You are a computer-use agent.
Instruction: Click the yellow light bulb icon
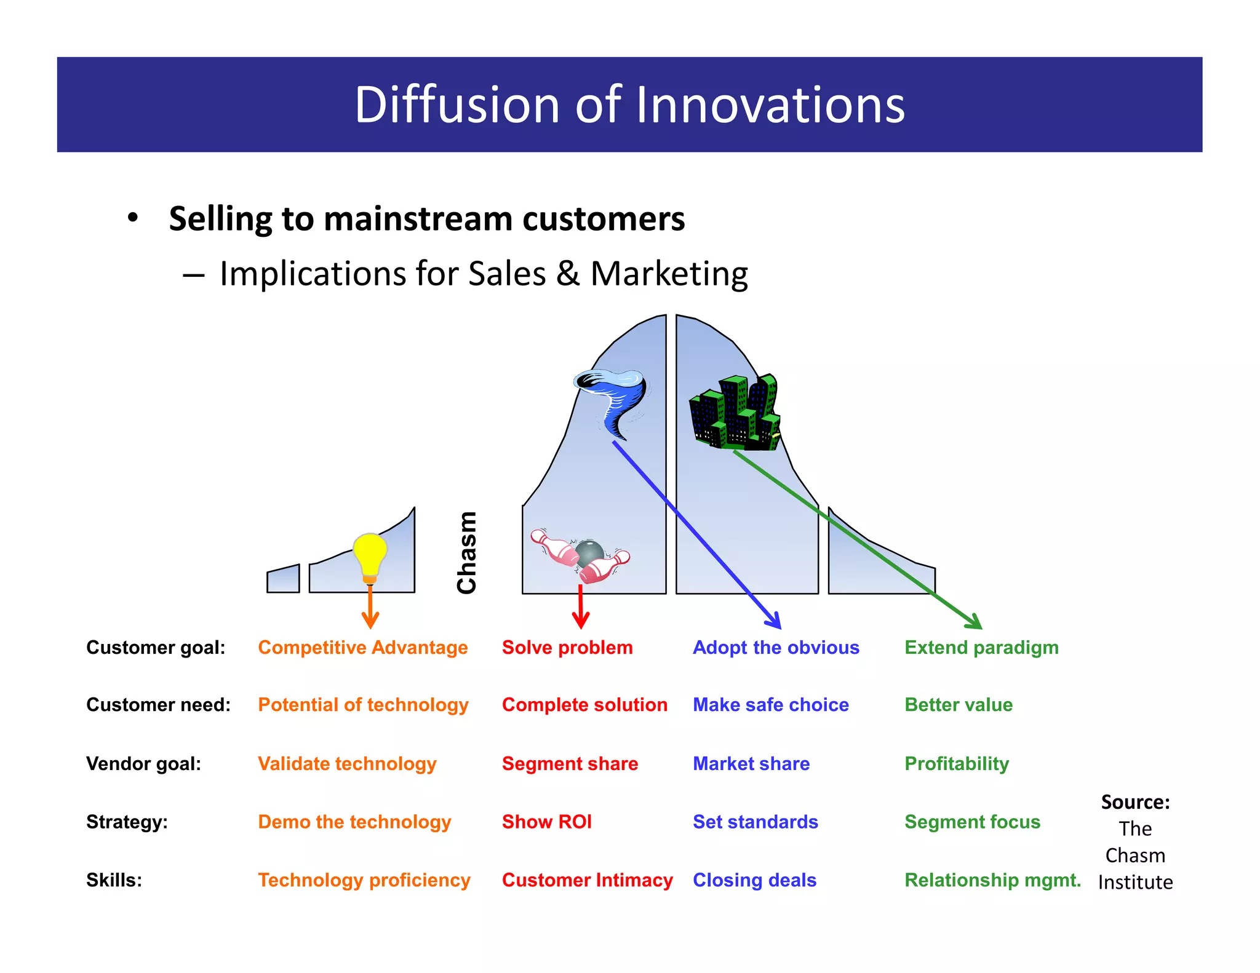(370, 555)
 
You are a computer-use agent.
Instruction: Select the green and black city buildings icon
(735, 413)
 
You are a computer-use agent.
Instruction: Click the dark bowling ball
(589, 552)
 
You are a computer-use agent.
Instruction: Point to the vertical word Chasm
(467, 553)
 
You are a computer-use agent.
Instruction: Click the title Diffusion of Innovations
(629, 105)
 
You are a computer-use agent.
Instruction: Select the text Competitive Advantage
(362, 648)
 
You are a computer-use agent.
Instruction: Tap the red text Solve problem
(567, 648)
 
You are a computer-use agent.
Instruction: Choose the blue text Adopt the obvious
(776, 648)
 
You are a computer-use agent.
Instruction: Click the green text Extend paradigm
(981, 648)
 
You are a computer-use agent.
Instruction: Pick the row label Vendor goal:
(143, 764)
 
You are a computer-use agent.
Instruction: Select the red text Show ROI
(546, 822)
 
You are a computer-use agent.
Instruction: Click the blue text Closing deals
(754, 880)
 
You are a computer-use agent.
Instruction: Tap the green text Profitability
(957, 764)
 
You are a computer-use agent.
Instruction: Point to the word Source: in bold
(1135, 802)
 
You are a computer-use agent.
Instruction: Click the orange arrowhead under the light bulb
(370, 621)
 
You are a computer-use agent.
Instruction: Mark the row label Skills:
(114, 880)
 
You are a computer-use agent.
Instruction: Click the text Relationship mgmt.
(992, 880)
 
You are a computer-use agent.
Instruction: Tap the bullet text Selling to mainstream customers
(426, 219)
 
